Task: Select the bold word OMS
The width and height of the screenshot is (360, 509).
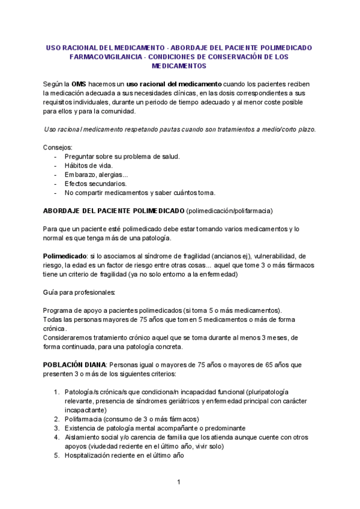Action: pos(79,83)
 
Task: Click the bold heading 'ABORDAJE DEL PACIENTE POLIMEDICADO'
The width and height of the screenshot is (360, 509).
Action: pos(113,211)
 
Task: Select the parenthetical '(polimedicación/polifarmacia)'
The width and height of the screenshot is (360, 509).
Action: pos(230,211)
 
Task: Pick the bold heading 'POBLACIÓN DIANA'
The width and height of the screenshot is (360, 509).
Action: pos(74,365)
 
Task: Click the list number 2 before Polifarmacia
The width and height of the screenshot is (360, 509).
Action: pos(56,419)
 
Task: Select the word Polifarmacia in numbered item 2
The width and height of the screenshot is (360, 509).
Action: pos(83,419)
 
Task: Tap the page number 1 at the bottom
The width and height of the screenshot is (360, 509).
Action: pos(179,483)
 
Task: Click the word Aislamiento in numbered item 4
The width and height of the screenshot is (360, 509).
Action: pos(85,437)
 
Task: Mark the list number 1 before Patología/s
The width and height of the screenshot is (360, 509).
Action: pos(56,392)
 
